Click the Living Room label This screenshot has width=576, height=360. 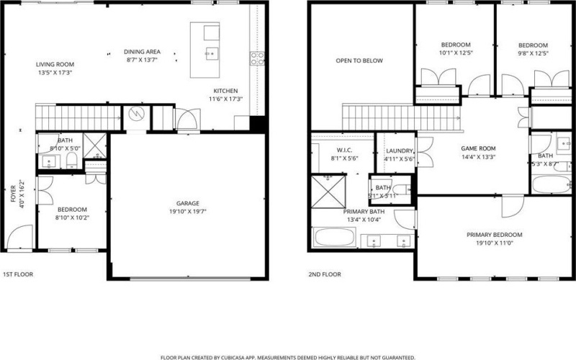[55, 64]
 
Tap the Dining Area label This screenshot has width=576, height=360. [142, 52]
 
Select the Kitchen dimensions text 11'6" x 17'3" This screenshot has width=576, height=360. [225, 99]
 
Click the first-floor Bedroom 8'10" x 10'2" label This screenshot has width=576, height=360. [72, 210]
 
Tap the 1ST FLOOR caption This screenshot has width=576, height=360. [18, 274]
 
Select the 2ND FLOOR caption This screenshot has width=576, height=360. [324, 274]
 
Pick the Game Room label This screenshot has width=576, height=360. [478, 148]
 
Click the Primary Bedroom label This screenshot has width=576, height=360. [494, 235]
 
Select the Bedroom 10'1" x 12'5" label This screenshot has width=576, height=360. [454, 44]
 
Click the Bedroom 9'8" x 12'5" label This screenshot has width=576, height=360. [534, 44]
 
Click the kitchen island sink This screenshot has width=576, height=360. [211, 53]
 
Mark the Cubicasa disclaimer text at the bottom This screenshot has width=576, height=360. [288, 356]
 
